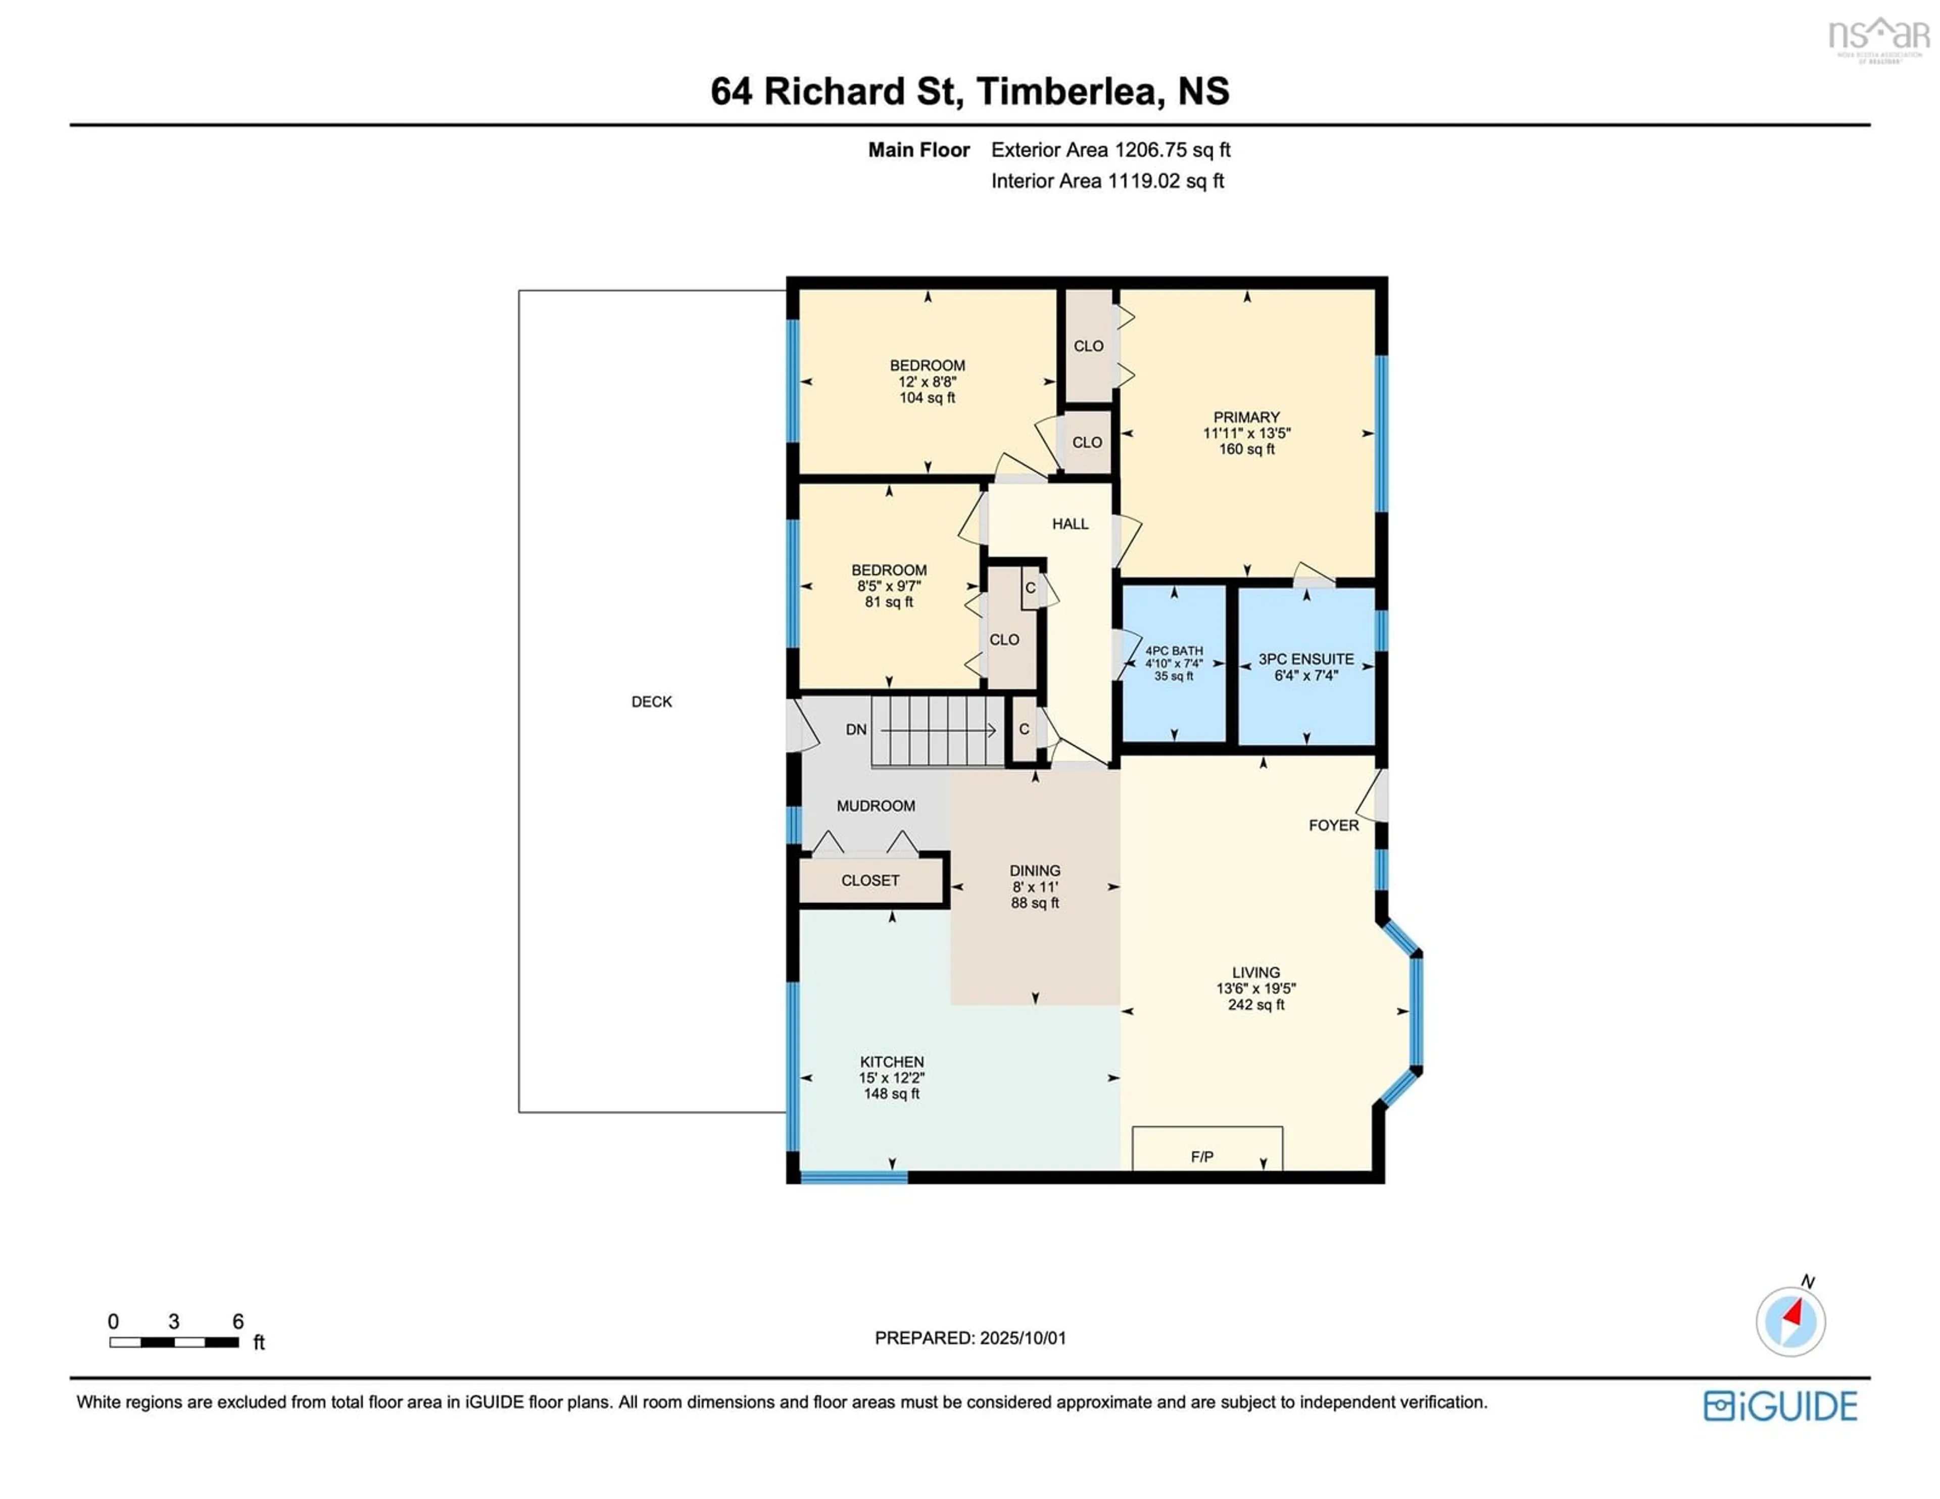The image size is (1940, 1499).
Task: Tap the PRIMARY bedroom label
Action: [x=1246, y=417]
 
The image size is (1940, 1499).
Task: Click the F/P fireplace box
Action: [x=1207, y=1148]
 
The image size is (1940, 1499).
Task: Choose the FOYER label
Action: [x=1333, y=825]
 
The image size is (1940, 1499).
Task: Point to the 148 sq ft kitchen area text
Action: [x=892, y=1094]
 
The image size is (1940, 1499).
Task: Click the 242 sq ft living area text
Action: [x=1256, y=1005]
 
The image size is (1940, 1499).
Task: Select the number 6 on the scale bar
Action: [x=238, y=1321]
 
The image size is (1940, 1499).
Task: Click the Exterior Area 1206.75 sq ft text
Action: [x=1110, y=150]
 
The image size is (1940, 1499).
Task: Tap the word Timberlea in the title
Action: [x=1071, y=91]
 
